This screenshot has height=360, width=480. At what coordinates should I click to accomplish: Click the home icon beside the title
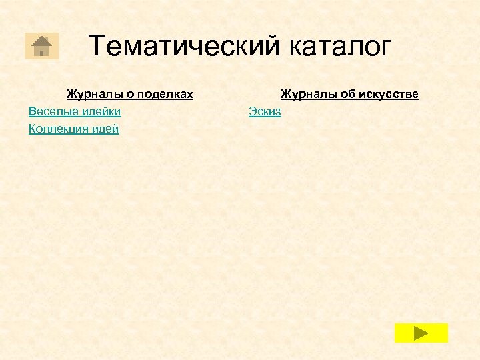41,45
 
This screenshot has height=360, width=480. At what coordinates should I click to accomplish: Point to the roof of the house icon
41,39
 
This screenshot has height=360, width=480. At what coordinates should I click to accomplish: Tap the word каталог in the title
341,47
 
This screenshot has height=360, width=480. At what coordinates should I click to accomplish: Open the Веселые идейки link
75,111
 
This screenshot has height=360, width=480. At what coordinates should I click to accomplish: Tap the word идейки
101,111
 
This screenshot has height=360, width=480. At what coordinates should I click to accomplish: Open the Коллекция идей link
74,129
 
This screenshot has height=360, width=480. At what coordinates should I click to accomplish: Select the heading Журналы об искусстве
349,95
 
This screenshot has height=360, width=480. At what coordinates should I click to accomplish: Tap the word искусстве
389,95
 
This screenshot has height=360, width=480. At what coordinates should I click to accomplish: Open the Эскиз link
265,111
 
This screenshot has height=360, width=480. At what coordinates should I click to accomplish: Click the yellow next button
421,333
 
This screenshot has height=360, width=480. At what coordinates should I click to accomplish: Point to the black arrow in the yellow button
421,333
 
